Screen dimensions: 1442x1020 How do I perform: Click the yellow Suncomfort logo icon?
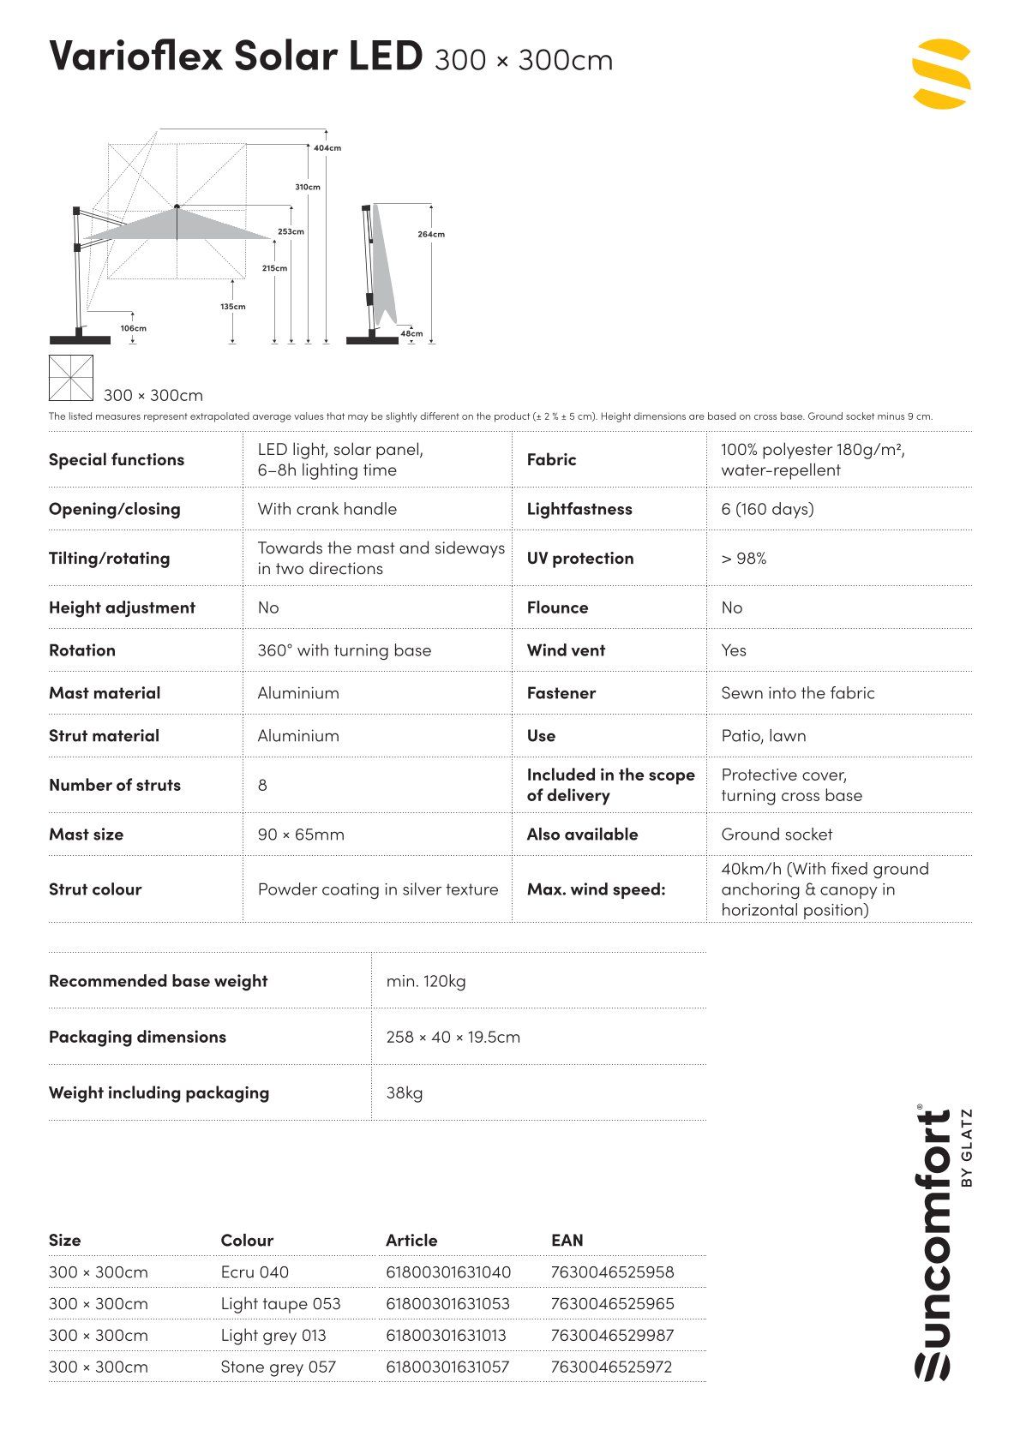tap(940, 74)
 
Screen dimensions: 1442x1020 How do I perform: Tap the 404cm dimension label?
tap(327, 148)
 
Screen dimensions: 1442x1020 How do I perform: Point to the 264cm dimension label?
tap(431, 234)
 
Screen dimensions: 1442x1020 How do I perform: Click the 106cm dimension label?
tap(133, 328)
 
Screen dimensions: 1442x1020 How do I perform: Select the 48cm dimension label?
tap(411, 334)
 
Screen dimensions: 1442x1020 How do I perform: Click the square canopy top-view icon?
tap(71, 378)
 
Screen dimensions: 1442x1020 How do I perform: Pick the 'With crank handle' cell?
tap(327, 509)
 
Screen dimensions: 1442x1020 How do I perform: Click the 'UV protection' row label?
tap(580, 559)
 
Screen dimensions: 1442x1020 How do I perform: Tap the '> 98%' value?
tap(743, 559)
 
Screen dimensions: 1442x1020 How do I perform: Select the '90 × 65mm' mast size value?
tap(301, 835)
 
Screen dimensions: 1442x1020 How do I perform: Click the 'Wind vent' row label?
tap(566, 650)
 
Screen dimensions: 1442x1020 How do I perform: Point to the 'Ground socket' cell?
tap(777, 835)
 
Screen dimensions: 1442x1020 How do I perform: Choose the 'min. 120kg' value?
tap(426, 981)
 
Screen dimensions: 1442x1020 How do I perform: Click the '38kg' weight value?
tap(405, 1092)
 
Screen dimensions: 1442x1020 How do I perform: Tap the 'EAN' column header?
tap(567, 1240)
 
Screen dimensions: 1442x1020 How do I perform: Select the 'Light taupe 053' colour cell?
tap(280, 1304)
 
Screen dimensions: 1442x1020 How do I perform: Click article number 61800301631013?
tap(446, 1336)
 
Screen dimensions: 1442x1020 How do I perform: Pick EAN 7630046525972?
tap(612, 1367)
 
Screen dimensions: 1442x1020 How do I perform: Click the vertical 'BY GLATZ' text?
tap(967, 1148)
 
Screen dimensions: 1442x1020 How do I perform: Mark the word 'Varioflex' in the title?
tap(135, 56)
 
